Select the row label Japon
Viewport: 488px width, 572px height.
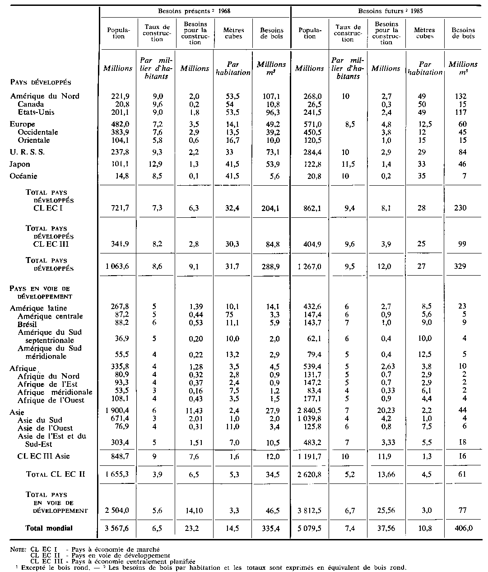20,164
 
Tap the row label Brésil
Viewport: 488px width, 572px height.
28,324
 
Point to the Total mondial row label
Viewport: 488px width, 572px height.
49,528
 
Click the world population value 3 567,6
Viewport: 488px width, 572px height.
116,528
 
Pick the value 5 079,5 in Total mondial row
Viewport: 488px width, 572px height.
309,528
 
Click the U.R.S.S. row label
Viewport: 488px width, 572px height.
27,152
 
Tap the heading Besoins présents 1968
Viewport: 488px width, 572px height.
195,10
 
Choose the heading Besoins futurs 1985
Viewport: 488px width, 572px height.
387,10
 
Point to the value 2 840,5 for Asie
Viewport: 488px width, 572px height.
309,411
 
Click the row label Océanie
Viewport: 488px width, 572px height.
23,176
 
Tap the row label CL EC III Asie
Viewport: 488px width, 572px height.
44,456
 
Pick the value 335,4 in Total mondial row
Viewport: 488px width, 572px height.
270,528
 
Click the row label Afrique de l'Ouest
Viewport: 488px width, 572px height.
51,400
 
